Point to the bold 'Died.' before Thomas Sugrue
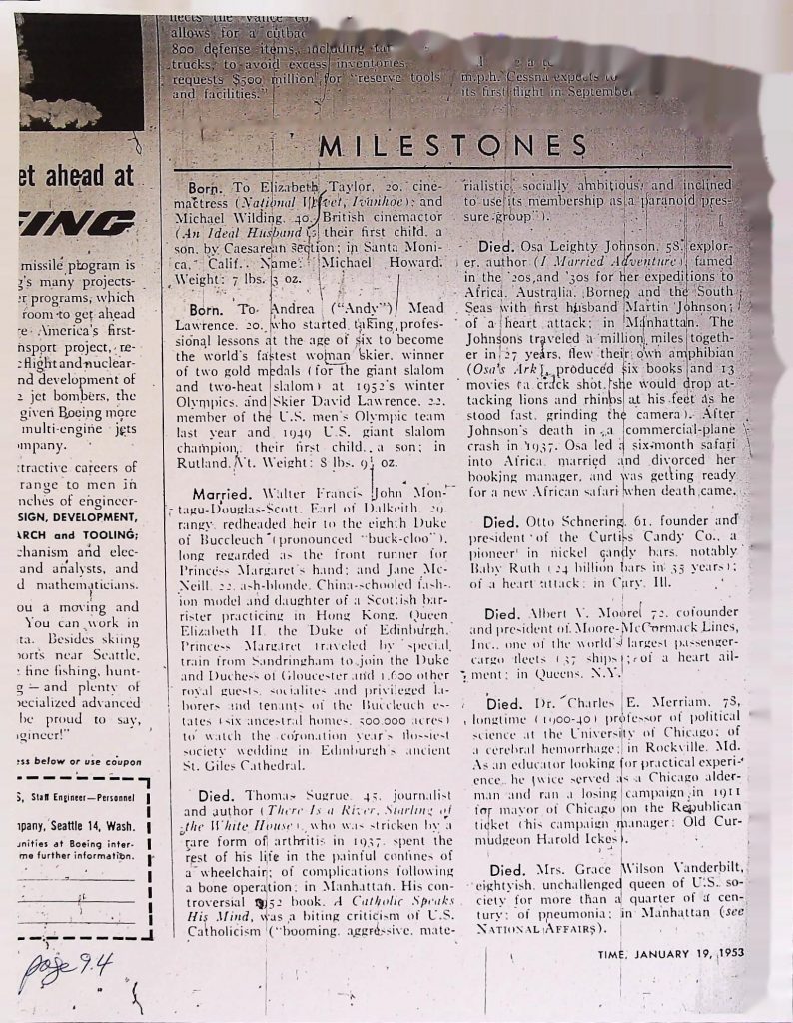tap(216, 766)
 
